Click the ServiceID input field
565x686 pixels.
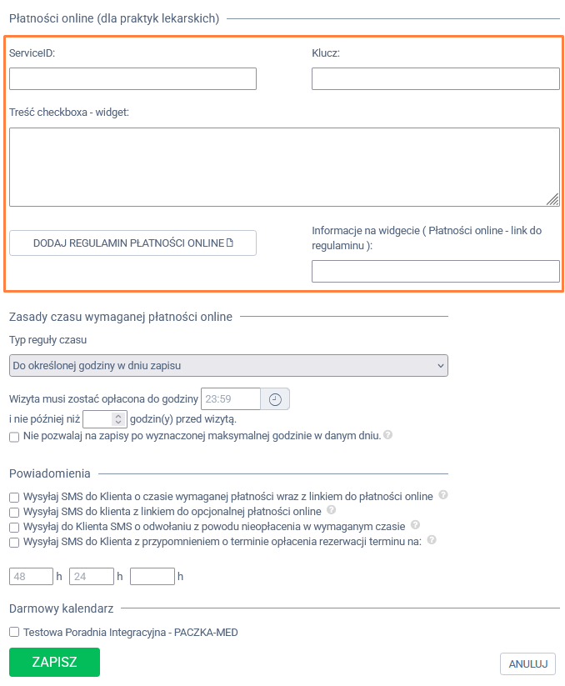click(132, 79)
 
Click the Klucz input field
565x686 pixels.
click(435, 79)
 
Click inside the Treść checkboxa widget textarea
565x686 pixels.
click(283, 167)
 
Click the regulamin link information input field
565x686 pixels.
click(435, 272)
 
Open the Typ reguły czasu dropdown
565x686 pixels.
click(228, 366)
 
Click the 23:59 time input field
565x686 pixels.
click(231, 399)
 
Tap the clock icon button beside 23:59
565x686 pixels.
click(275, 399)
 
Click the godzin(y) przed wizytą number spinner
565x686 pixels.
click(105, 419)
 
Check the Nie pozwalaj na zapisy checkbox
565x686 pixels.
click(14, 436)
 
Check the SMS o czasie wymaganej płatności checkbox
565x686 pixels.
click(14, 497)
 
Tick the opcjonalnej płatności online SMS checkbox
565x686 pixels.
click(14, 512)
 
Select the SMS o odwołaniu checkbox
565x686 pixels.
click(14, 527)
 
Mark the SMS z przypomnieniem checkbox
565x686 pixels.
click(14, 542)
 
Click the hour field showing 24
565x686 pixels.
click(92, 576)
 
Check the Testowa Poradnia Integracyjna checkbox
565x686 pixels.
click(14, 633)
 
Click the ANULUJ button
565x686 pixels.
click(527, 663)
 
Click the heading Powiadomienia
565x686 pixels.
click(50, 473)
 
